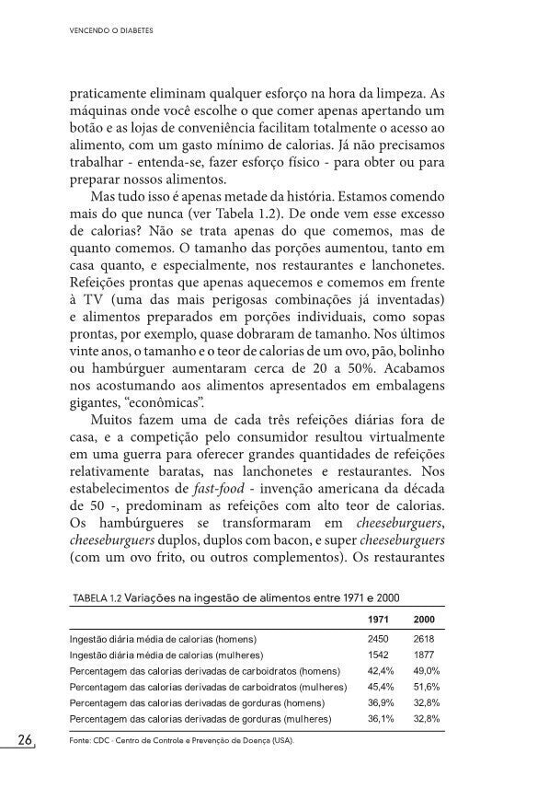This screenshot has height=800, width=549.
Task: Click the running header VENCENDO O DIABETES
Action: pyautogui.click(x=110, y=29)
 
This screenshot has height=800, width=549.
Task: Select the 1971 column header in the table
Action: pyautogui.click(x=379, y=619)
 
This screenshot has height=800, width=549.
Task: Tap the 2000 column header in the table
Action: pyautogui.click(x=425, y=619)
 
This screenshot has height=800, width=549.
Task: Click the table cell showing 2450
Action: pyautogui.click(x=379, y=638)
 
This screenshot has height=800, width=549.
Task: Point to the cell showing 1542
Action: pyautogui.click(x=379, y=655)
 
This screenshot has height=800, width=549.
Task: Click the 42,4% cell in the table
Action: pyautogui.click(x=381, y=670)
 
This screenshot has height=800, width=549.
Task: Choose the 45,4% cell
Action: pyautogui.click(x=381, y=687)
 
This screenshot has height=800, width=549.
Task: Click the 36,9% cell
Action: pyautogui.click(x=381, y=702)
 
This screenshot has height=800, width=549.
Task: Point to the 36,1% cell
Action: pyautogui.click(x=381, y=718)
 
